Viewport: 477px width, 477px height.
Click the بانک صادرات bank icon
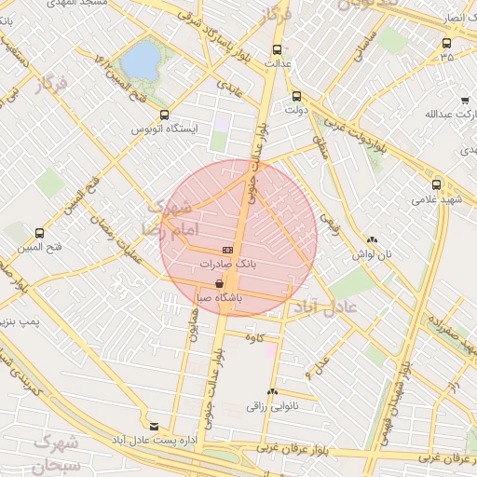pyautogui.click(x=227, y=251)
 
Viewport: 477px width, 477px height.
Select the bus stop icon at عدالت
pyautogui.click(x=276, y=49)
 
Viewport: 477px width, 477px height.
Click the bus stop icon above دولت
pyautogui.click(x=296, y=95)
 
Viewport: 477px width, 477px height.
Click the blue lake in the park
pyautogui.click(x=141, y=61)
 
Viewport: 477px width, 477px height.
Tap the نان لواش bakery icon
pyautogui.click(x=372, y=239)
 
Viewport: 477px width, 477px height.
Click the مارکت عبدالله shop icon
pyautogui.click(x=464, y=101)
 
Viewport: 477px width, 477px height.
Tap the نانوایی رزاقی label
pyautogui.click(x=269, y=406)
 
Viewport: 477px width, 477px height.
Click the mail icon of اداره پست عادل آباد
pyautogui.click(x=154, y=426)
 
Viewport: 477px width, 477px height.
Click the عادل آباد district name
pyautogui.click(x=331, y=307)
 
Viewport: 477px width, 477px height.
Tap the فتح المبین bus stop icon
pyautogui.click(x=38, y=234)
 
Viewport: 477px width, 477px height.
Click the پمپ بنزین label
pyautogui.click(x=20, y=323)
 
